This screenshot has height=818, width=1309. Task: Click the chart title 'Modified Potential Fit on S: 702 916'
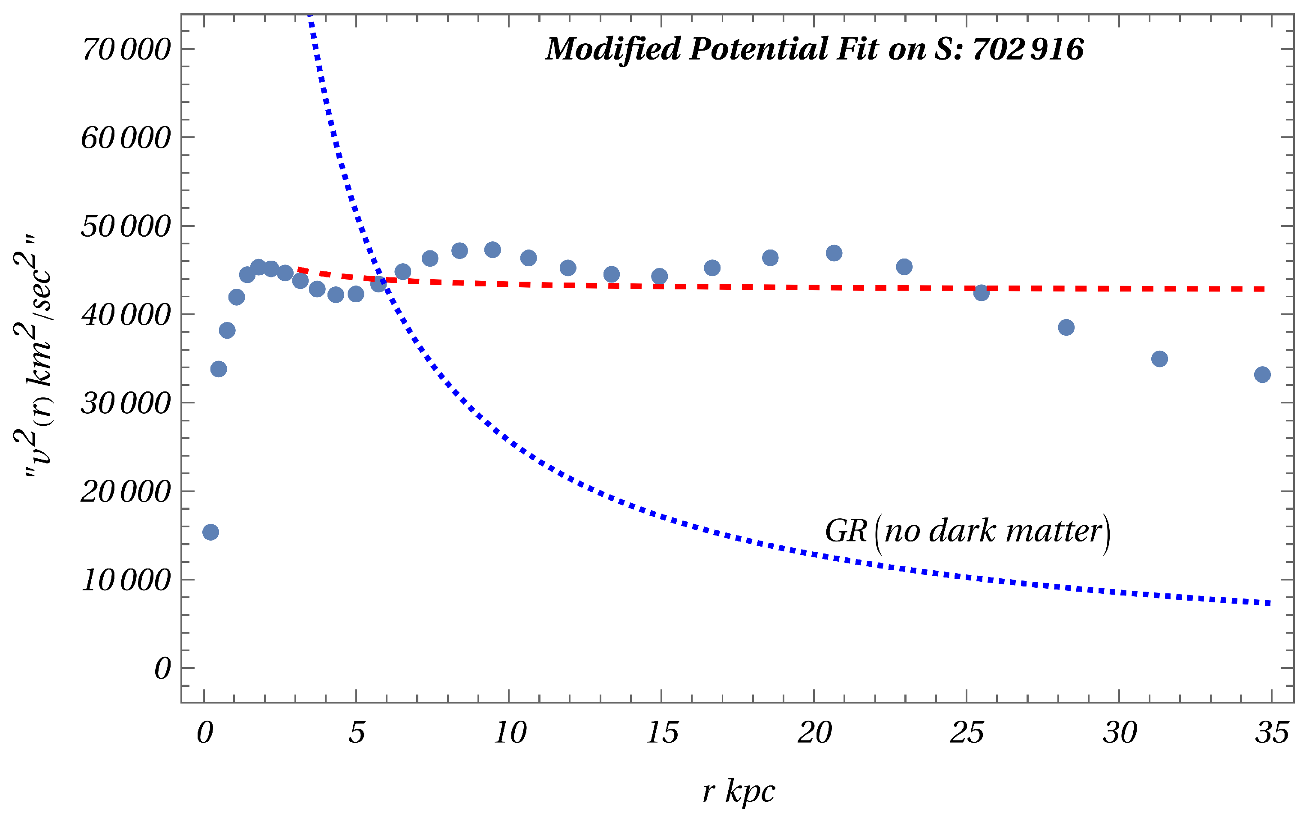point(814,49)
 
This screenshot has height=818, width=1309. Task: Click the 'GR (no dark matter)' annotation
point(967,531)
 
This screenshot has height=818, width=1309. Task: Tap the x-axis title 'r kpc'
point(739,791)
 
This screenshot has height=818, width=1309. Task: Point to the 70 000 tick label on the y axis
point(126,50)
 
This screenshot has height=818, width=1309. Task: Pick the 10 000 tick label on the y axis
point(126,580)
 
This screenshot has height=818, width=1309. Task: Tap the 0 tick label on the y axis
point(162,669)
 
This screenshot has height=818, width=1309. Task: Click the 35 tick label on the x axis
point(1272,733)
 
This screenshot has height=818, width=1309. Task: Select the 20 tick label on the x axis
point(814,733)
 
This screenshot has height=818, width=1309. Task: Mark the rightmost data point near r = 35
point(1262,374)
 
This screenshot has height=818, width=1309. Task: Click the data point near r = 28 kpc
point(1066,327)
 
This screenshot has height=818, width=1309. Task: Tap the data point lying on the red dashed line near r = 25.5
point(981,293)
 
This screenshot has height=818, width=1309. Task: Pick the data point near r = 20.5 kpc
point(834,253)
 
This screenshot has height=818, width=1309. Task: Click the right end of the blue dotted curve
point(1268,603)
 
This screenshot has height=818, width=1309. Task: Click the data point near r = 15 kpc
point(659,277)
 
